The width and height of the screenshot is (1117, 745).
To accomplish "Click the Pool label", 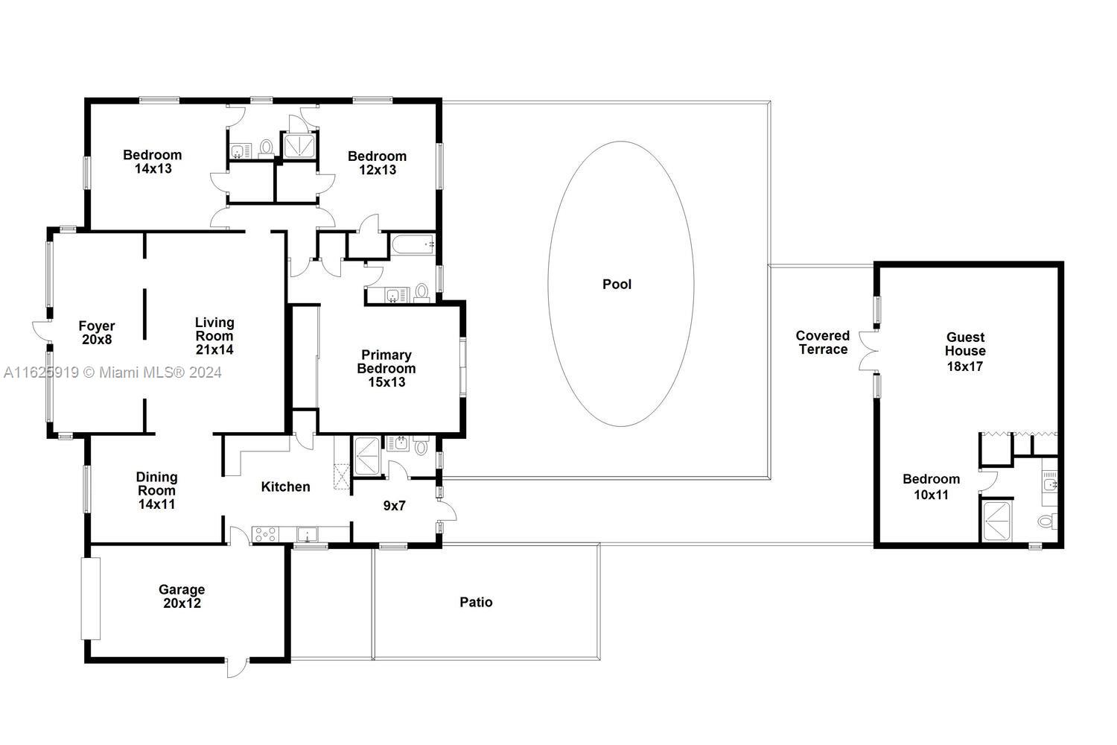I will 617,284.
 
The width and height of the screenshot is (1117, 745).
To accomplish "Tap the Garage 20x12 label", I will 182,596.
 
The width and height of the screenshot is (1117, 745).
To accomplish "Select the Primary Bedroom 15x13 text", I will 386,368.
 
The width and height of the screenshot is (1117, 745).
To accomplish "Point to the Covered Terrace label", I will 822,343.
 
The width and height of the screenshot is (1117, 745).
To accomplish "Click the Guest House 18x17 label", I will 965,351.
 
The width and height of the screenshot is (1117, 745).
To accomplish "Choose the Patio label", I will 476,602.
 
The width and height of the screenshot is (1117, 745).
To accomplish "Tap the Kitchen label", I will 285,486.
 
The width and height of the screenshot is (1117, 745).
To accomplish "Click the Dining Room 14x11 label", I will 156,489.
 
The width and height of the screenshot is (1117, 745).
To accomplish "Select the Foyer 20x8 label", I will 97,332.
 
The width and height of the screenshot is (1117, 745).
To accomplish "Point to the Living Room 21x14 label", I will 214,335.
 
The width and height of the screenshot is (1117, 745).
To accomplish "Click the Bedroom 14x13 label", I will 153,162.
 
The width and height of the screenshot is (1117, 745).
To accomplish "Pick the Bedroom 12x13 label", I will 377,162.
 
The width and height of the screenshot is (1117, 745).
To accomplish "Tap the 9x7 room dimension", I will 394,506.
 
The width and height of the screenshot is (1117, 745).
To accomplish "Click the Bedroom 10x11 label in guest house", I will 931,486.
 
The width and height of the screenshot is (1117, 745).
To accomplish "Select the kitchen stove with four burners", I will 264,534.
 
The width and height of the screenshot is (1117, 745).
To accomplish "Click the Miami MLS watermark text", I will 112,372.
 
